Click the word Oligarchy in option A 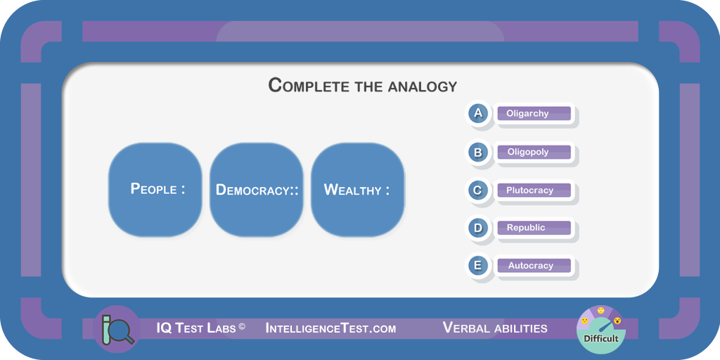click(x=527, y=113)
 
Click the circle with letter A click(x=478, y=113)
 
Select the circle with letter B click(x=478, y=152)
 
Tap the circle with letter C click(x=478, y=190)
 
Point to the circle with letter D click(x=478, y=228)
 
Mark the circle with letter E click(x=478, y=266)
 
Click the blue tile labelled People click(x=155, y=190)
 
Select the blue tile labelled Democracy click(x=257, y=190)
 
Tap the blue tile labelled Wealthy click(x=358, y=190)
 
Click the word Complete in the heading click(x=310, y=86)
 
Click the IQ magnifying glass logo click(x=117, y=329)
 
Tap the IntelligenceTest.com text click(x=330, y=328)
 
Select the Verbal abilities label click(x=495, y=328)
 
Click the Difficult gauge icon click(x=601, y=329)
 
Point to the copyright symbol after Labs click(x=242, y=326)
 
